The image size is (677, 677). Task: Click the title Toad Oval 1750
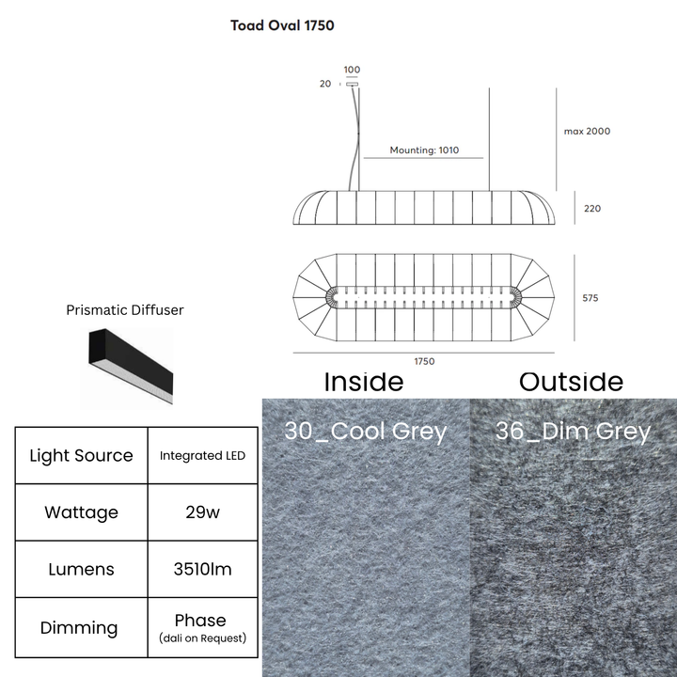(x=282, y=25)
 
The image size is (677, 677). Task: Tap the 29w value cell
(x=202, y=512)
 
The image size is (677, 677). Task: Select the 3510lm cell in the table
(x=202, y=569)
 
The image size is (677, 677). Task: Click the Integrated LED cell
(x=202, y=455)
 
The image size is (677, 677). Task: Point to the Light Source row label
(x=81, y=455)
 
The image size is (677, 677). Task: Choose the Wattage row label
(x=81, y=512)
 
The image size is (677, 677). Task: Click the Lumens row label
(x=81, y=569)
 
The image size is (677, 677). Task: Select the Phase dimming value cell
(x=202, y=628)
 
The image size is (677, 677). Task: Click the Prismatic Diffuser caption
(x=125, y=310)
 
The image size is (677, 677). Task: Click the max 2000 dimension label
(x=587, y=132)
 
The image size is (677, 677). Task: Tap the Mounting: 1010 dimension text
(x=424, y=150)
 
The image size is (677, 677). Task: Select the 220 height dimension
(x=592, y=209)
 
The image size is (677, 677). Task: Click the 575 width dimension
(x=590, y=298)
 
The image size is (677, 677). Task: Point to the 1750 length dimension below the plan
(x=424, y=361)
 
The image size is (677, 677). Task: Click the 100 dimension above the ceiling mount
(x=352, y=70)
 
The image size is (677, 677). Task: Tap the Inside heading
(x=364, y=382)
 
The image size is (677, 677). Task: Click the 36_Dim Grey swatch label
(x=573, y=431)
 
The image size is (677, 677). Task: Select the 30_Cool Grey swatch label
(x=365, y=431)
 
